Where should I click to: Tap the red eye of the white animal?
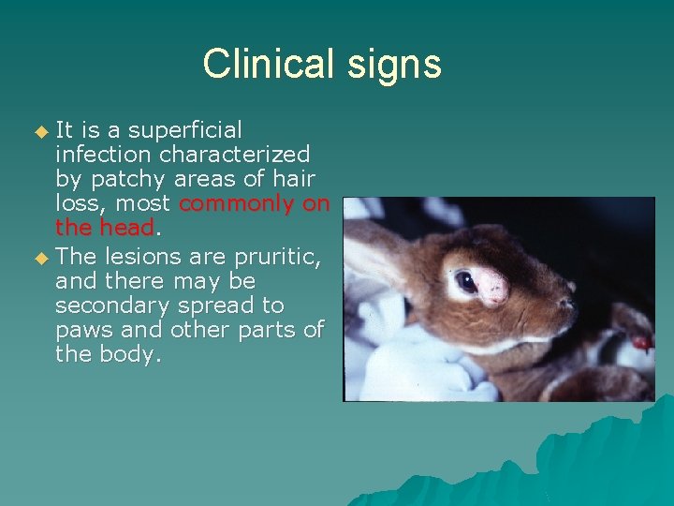640,343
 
